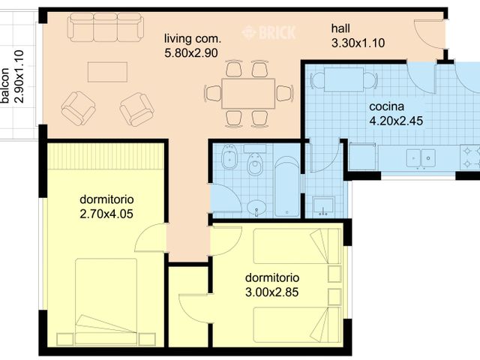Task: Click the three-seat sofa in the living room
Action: (x=106, y=27)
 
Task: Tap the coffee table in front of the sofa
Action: (x=107, y=72)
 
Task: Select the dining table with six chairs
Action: (x=248, y=93)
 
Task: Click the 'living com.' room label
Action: (x=193, y=39)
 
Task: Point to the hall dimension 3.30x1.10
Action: (x=358, y=43)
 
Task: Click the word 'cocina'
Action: (x=387, y=106)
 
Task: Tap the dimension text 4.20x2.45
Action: (x=396, y=121)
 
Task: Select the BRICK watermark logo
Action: (x=268, y=32)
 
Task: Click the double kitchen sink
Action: (x=421, y=158)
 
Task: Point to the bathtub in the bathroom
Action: (x=286, y=187)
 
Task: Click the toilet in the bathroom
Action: (x=255, y=160)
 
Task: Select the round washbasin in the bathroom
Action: (x=256, y=208)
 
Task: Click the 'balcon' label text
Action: (x=5, y=85)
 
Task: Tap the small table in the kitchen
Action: (x=343, y=79)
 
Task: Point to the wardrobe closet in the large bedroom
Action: (x=105, y=156)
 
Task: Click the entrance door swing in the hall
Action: (x=429, y=34)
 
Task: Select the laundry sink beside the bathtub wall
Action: (x=323, y=206)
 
